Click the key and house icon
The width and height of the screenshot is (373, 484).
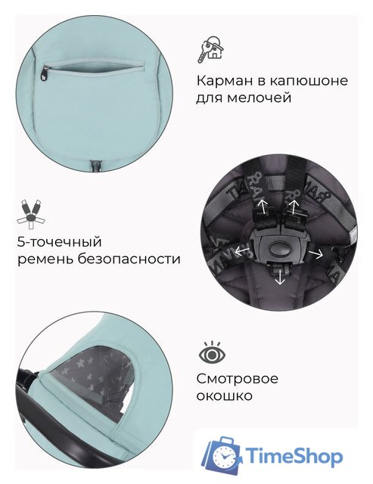pyautogui.click(x=211, y=49)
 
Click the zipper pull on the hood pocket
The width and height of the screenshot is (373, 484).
pyautogui.click(x=44, y=73)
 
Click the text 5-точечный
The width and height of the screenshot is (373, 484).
pyautogui.click(x=59, y=242)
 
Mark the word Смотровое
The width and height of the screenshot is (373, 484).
pyautogui.click(x=238, y=378)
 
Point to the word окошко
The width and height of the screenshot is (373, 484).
pyautogui.click(x=225, y=396)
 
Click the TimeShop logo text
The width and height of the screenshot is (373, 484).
pyautogui.click(x=301, y=456)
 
